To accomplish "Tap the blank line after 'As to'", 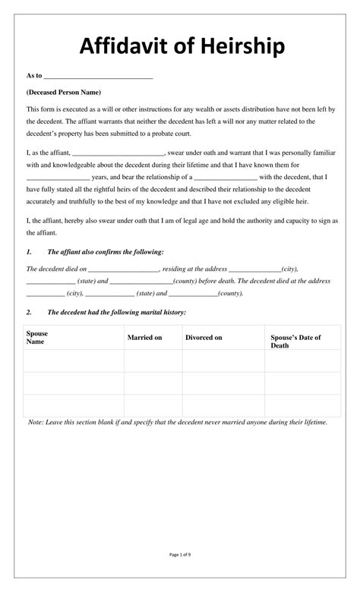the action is (99, 76).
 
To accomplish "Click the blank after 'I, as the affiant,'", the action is (118, 152).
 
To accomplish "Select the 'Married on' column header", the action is (144, 337).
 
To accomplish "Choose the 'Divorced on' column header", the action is (204, 337).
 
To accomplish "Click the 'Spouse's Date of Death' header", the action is (296, 341).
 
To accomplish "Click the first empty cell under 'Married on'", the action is (153, 361).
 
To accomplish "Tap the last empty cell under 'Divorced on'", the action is (223, 405).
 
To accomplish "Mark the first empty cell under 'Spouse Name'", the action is (74, 361).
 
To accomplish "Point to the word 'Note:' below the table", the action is (36, 422).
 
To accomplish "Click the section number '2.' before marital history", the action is (29, 311).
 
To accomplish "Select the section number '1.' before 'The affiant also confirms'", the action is (29, 251).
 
